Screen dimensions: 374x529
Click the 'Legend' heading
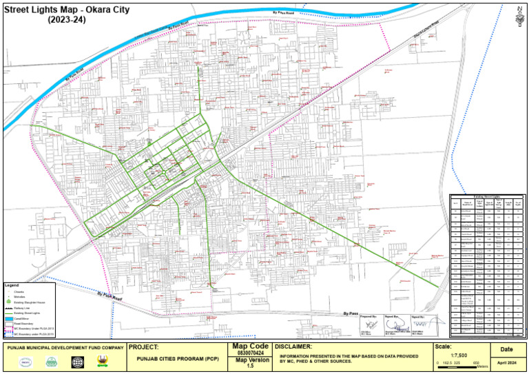[x=12, y=285]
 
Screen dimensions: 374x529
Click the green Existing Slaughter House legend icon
[x=8, y=302]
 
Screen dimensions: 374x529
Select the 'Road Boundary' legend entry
[x=21, y=324]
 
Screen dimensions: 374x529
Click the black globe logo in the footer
[x=76, y=362]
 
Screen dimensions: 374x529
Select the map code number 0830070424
[x=250, y=353]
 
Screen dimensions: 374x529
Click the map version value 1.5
[x=250, y=366]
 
